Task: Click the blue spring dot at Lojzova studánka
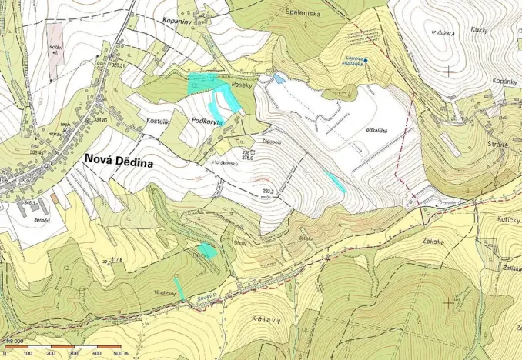(366, 61)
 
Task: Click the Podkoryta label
(206, 122)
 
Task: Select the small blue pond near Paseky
(279, 78)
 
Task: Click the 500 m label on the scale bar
(120, 353)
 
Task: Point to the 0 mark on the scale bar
(8, 353)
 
